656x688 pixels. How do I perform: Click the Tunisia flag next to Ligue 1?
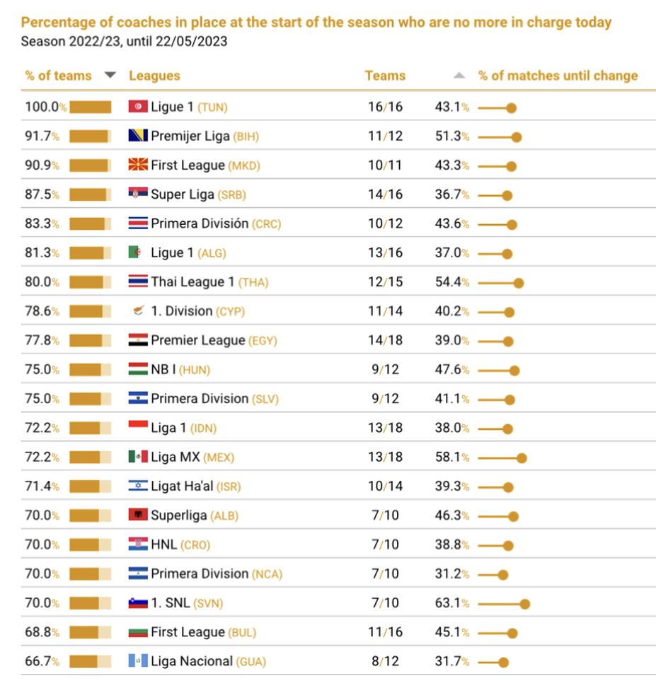click(138, 107)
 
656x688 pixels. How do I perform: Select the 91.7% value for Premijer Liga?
click(42, 136)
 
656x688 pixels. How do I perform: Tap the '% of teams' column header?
click(59, 76)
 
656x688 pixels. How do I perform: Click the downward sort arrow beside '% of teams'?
click(110, 75)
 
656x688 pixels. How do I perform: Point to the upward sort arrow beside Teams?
click(459, 76)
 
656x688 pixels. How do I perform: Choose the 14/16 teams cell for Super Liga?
click(385, 194)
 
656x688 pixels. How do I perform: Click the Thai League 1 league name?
click(192, 282)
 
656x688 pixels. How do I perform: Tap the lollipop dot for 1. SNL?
click(524, 604)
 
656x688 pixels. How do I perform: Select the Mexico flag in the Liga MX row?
click(138, 457)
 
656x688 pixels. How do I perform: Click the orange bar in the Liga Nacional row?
click(83, 662)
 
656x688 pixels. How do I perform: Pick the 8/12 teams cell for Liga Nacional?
click(385, 662)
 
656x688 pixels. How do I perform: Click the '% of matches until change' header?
click(558, 76)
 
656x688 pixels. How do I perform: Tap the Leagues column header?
click(154, 76)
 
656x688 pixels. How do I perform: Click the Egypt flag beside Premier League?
click(138, 340)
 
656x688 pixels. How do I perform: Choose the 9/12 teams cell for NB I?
click(385, 369)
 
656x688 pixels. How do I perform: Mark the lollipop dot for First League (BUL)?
click(512, 633)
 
